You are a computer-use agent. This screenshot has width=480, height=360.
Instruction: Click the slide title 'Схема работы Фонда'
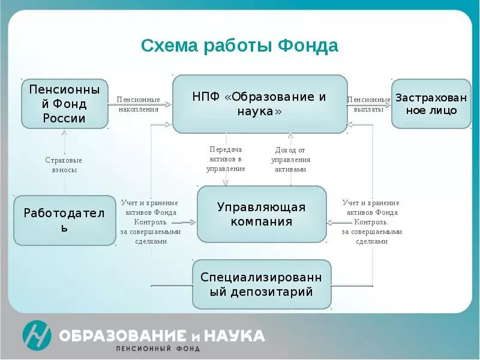[239, 46]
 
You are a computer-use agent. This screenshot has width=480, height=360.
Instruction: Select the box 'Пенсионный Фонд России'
[64, 103]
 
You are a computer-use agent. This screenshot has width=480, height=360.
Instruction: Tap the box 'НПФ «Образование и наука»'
[260, 104]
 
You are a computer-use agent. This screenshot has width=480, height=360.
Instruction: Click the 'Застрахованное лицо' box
[431, 103]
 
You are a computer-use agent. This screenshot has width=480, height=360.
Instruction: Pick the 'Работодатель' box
[64, 220]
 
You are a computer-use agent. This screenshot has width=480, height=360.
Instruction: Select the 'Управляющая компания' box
[262, 214]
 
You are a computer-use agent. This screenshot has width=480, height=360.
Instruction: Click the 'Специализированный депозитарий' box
[262, 284]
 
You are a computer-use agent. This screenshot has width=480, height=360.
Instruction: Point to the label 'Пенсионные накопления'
[138, 104]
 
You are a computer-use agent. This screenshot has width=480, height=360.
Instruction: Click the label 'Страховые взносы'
[64, 165]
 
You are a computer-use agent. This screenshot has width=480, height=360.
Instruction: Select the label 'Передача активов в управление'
[226, 159]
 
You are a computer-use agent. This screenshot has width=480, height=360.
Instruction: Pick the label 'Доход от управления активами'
[290, 160]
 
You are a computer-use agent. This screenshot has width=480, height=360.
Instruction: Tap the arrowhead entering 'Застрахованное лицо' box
[389, 104]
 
